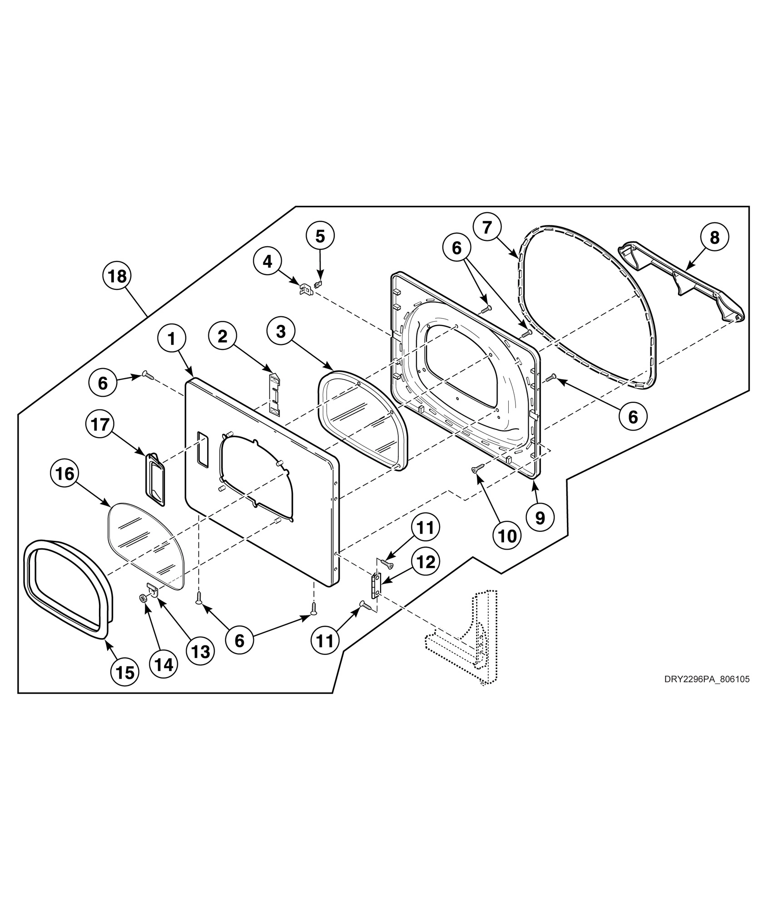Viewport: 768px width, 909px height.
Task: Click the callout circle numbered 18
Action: [117, 276]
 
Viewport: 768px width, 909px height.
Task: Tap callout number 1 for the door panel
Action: [172, 339]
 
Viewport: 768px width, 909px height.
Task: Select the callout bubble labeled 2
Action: [223, 336]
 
